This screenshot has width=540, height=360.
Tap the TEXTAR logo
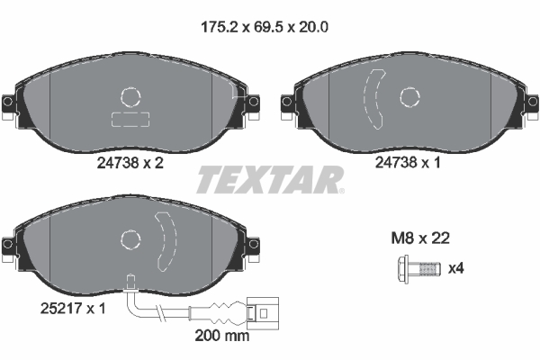pos(269,180)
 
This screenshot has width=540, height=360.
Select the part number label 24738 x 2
pos(129,164)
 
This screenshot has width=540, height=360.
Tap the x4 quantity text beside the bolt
pos(455,268)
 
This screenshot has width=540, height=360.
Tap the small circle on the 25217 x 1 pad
pos(131,238)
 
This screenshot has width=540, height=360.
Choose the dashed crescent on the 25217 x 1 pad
pos(164,241)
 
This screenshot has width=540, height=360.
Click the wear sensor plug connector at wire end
pos(260,314)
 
